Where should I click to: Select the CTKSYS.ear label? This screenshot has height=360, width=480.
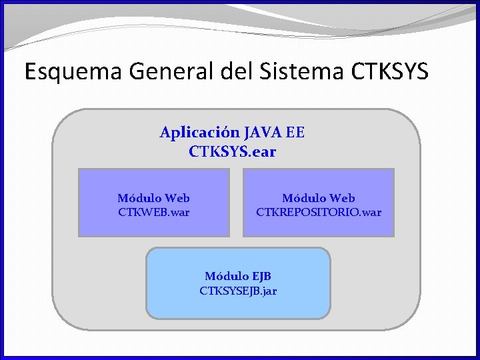(232, 152)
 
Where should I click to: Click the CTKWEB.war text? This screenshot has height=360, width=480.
(153, 213)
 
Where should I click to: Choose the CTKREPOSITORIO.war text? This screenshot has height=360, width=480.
(319, 213)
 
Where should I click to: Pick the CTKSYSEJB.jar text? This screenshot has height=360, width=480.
(238, 291)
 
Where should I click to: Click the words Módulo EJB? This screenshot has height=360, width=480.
(238, 276)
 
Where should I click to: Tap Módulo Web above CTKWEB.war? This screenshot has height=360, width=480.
(153, 198)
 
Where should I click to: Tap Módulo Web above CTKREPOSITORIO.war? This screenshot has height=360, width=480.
(319, 198)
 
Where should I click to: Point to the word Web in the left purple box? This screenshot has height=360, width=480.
(177, 198)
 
